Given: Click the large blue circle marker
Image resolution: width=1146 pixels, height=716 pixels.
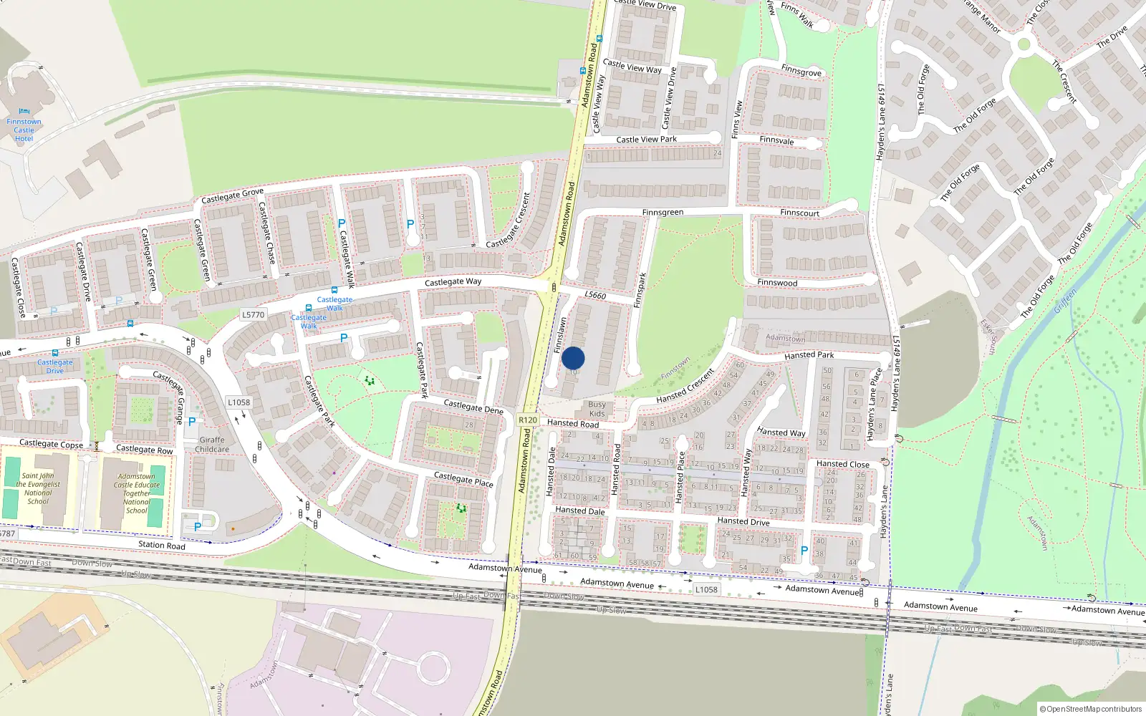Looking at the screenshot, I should [573, 358].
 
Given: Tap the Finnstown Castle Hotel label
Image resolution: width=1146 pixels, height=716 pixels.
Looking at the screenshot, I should [24, 130].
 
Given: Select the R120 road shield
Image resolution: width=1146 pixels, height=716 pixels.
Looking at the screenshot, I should [528, 420].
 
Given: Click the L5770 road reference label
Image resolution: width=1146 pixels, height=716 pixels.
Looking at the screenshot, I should [253, 314].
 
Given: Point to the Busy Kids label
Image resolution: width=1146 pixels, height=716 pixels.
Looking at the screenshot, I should [597, 409].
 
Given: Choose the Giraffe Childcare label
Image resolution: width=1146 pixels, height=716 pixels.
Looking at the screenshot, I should [212, 445].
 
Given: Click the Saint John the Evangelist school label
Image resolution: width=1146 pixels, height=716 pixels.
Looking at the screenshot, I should [38, 488].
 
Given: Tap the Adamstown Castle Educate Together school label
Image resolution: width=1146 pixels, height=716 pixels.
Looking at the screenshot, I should [136, 493].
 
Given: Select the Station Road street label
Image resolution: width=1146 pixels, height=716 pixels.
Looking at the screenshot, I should [161, 545].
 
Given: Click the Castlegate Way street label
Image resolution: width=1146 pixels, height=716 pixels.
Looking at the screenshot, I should [453, 282].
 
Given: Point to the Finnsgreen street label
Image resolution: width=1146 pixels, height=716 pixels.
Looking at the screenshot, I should [663, 213].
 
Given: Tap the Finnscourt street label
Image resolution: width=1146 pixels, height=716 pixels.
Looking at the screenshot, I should [799, 213].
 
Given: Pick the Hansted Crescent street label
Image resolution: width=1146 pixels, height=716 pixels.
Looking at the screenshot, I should [685, 386].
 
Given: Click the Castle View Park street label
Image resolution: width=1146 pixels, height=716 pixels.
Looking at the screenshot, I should [646, 140].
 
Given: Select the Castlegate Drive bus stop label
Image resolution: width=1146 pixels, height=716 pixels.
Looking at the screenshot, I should [55, 366].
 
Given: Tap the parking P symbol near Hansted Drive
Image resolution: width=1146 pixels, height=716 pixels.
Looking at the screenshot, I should [804, 551].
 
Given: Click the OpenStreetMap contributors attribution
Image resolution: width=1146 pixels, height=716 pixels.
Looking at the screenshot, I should [1090, 709].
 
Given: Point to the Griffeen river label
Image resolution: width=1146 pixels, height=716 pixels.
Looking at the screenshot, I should [1065, 301].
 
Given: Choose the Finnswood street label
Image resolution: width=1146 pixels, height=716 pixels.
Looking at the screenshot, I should [777, 283].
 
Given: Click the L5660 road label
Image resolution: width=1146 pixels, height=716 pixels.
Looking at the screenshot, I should [594, 295].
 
